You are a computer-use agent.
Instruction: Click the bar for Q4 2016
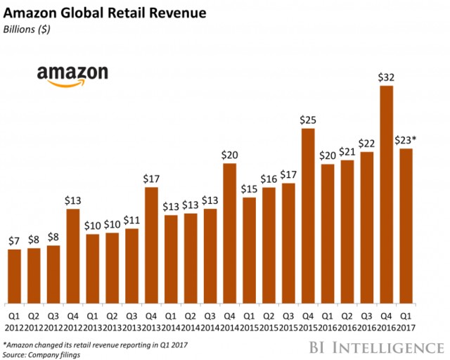(385, 191)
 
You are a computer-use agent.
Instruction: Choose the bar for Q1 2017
(405, 223)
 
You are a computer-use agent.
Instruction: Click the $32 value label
(385, 77)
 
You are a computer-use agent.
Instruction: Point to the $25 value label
(308, 120)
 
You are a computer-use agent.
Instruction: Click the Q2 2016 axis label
(347, 311)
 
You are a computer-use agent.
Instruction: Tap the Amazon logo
(72, 75)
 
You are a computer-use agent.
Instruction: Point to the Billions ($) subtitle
(29, 30)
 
